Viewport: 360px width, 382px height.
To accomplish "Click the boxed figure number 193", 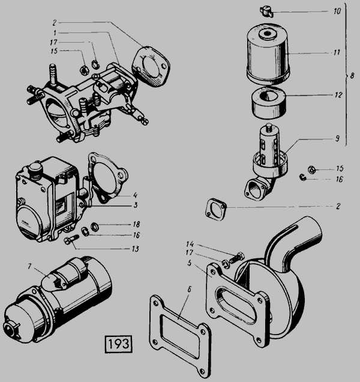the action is click(119, 344).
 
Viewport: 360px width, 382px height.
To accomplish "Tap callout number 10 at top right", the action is click(337, 11).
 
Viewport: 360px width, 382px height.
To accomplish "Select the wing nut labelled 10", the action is click(266, 11).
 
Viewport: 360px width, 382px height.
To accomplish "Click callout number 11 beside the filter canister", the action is click(337, 53).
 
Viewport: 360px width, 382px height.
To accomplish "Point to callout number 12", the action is click(338, 95).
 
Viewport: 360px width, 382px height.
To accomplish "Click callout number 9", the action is click(337, 139).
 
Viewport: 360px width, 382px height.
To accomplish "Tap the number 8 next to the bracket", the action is click(352, 76).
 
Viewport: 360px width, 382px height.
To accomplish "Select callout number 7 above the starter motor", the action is click(29, 266).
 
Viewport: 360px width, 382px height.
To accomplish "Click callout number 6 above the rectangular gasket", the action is click(190, 289).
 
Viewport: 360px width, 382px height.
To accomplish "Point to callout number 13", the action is click(135, 249).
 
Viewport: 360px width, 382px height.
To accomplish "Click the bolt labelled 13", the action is click(71, 239).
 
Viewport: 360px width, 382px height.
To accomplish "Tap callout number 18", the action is click(136, 224).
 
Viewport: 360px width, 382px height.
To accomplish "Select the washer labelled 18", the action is click(94, 226).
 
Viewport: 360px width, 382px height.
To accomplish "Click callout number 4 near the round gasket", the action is click(136, 195).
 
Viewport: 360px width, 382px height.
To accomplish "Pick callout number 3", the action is click(136, 205).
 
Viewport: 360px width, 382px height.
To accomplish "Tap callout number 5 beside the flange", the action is click(190, 263).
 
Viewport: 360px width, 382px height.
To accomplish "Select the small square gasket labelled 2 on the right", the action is click(216, 209).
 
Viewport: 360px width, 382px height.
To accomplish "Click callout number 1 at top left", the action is click(55, 32).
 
